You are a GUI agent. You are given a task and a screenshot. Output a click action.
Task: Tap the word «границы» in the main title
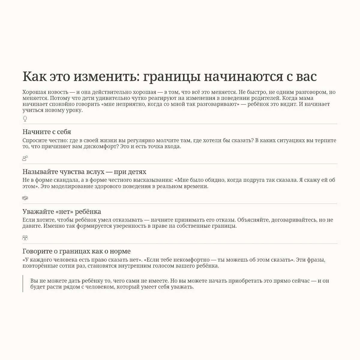(171, 77)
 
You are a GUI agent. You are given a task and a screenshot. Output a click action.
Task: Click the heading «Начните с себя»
(47, 132)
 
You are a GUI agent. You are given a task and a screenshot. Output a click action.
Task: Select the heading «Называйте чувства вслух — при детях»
(84, 172)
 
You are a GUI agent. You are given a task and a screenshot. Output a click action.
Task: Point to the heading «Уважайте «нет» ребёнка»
(62, 211)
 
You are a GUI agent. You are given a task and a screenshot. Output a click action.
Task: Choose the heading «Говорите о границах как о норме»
(76, 251)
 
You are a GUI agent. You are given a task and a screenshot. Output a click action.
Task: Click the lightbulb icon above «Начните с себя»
(25, 119)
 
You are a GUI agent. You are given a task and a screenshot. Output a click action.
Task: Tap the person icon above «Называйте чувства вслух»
(25, 158)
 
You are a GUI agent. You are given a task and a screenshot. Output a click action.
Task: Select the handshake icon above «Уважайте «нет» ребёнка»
(25, 198)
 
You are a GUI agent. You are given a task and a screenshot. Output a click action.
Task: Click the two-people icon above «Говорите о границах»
(25, 238)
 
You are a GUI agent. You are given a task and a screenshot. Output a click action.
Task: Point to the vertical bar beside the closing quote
(23, 283)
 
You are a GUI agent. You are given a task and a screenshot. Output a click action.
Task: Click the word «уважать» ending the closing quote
(183, 287)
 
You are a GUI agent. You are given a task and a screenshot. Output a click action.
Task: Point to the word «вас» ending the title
(306, 76)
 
